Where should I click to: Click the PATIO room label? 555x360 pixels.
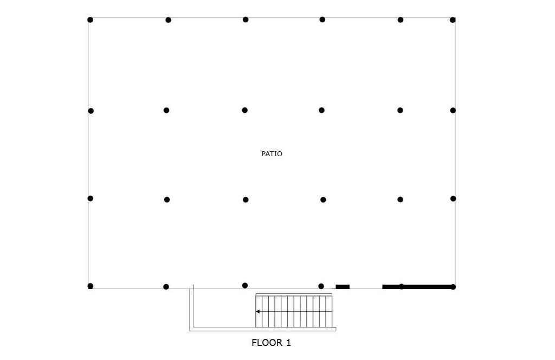click(272, 153)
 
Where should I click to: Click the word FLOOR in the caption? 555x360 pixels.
click(267, 343)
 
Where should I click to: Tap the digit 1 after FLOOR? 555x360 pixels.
click(288, 343)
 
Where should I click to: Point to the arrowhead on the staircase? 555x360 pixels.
click(257, 312)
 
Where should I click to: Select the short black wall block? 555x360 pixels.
click(343, 287)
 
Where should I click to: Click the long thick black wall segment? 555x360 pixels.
click(418, 287)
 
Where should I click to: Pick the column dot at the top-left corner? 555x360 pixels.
click(91, 20)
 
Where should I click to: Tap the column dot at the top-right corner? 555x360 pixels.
click(453, 20)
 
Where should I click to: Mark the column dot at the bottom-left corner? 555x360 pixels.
click(91, 286)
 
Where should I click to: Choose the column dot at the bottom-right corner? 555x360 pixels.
click(453, 287)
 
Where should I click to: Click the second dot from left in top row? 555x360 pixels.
click(169, 20)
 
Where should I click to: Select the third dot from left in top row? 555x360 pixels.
click(246, 20)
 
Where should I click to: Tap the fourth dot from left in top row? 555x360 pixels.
click(322, 20)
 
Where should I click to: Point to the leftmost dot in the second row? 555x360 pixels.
click(91, 111)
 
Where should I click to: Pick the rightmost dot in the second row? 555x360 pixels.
click(453, 111)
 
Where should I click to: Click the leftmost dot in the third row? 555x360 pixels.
click(91, 198)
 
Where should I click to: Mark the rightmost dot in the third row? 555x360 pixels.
click(454, 198)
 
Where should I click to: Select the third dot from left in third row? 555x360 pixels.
click(246, 200)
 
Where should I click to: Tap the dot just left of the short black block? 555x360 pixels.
click(321, 286)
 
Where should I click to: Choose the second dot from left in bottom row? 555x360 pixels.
click(166, 287)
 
